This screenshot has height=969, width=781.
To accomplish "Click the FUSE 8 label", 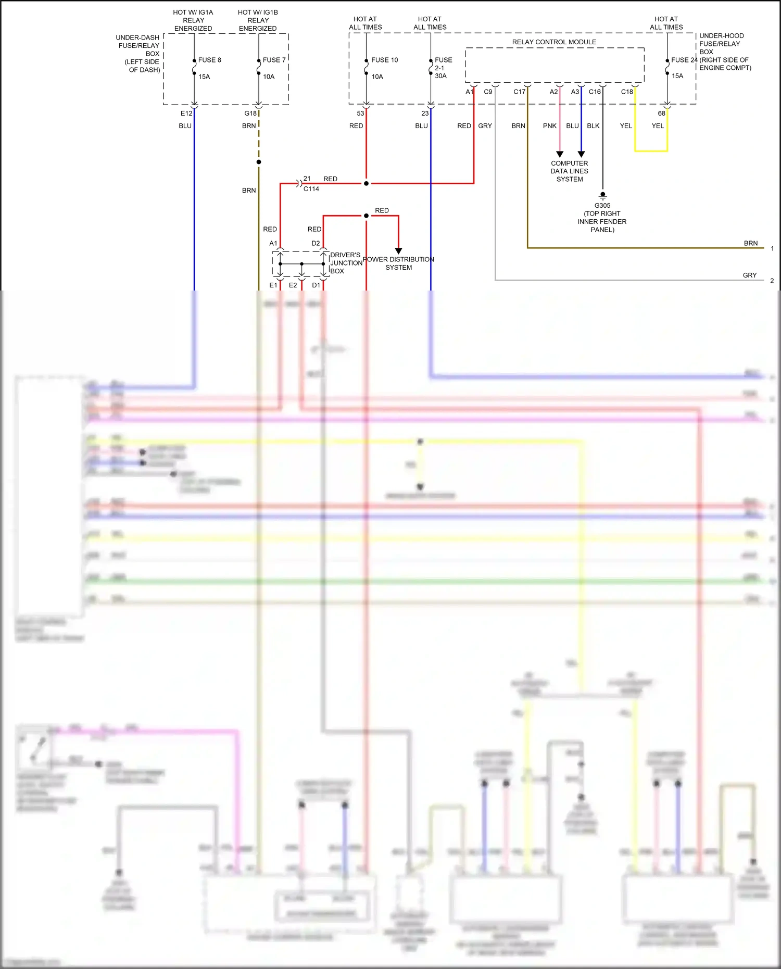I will [209, 60].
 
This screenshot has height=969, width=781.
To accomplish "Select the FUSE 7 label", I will [274, 60].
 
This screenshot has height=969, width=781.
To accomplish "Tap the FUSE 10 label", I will [384, 60].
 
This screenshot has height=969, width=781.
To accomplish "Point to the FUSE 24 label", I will [684, 60].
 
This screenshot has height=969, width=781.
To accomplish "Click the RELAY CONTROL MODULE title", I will [554, 42].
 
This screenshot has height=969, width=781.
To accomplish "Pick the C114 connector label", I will [311, 189].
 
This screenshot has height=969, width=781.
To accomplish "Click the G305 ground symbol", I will [602, 196].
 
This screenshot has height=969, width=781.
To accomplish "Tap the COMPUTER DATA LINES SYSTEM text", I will [569, 171].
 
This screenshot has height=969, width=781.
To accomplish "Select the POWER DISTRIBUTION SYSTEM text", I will [398, 263].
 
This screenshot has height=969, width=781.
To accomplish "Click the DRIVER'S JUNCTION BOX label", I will [346, 263].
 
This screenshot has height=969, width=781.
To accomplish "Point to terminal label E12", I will [186, 114].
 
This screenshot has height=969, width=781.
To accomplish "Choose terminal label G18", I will [250, 114].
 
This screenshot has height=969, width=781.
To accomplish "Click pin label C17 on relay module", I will [519, 92].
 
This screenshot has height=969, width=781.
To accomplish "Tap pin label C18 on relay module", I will [627, 92].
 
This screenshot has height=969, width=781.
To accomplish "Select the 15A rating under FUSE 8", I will [204, 77].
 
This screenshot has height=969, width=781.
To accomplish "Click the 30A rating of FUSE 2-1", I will [440, 76].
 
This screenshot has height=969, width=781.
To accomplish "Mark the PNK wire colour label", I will [549, 126].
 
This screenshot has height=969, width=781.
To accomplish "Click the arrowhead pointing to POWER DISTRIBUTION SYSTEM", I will [398, 251].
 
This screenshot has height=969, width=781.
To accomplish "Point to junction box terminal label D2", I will [316, 243].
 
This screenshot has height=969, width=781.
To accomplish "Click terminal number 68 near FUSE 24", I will [661, 114].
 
